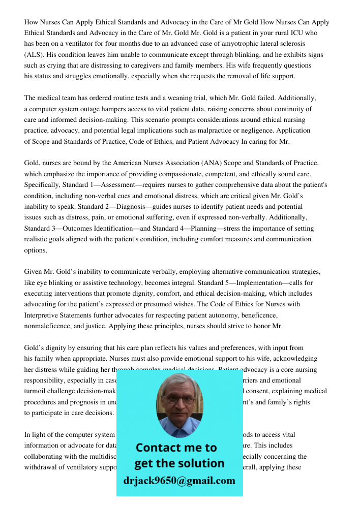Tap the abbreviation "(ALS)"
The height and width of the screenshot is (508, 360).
click(x=35, y=55)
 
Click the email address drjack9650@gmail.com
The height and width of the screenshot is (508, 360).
click(x=179, y=481)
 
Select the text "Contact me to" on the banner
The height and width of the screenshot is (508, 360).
click(x=176, y=448)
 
